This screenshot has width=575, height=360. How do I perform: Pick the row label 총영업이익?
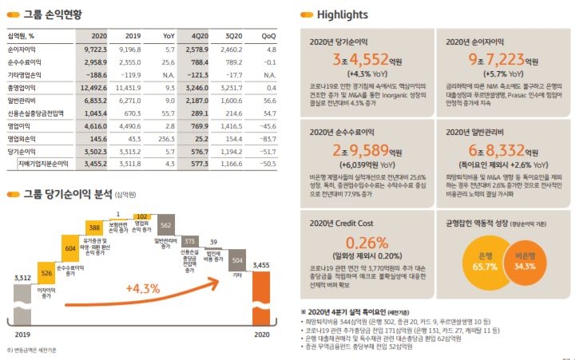pos(24,87)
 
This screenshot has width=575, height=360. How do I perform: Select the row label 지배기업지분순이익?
pos(42,163)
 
